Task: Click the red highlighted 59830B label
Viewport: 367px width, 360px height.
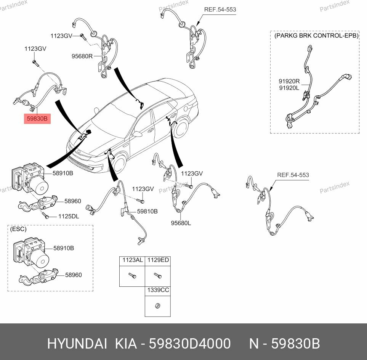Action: pyautogui.click(x=37, y=119)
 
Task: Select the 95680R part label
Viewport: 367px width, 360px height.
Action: pyautogui.click(x=82, y=56)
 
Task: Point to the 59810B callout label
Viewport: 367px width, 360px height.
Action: pyautogui.click(x=147, y=211)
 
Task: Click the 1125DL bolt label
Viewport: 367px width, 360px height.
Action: pyautogui.click(x=69, y=216)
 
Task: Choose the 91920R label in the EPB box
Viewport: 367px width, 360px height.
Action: pyautogui.click(x=289, y=81)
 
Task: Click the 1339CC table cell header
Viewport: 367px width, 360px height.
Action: pyautogui.click(x=158, y=290)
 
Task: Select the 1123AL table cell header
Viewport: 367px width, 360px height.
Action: pyautogui.click(x=132, y=260)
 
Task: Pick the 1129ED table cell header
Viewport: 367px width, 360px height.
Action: pyautogui.click(x=158, y=260)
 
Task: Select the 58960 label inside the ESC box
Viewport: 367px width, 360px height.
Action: pyautogui.click(x=73, y=275)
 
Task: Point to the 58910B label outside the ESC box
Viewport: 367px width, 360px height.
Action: pyautogui.click(x=63, y=173)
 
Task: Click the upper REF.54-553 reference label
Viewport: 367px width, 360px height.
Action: pyautogui.click(x=220, y=10)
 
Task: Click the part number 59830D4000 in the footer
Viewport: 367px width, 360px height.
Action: pyautogui.click(x=189, y=344)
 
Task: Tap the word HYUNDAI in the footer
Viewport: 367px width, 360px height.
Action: pyautogui.click(x=77, y=344)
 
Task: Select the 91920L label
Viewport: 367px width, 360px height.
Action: pyautogui.click(x=289, y=87)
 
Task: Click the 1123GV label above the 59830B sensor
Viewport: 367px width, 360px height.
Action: pyautogui.click(x=35, y=49)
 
